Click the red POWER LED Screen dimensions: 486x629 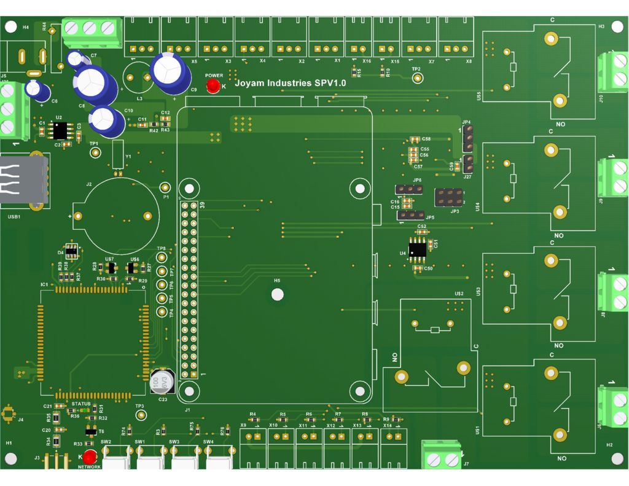tap(213, 86)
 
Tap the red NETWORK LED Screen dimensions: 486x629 tap(90, 457)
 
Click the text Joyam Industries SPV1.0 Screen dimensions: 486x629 tap(286, 82)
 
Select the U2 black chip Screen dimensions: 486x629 tap(60, 130)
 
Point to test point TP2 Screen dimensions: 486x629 tap(418, 78)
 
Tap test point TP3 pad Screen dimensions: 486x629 tap(141, 415)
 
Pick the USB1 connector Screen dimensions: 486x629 tap(23, 179)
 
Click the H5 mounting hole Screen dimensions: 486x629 tap(278, 294)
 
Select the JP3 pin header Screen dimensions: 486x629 tap(448, 198)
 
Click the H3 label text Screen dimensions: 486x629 tap(601, 27)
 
